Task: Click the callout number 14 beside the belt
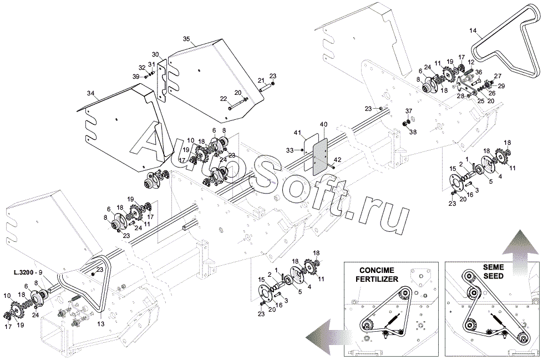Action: point(473,31)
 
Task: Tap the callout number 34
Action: point(91,93)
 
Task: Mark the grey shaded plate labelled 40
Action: point(320,155)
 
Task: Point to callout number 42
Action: point(338,160)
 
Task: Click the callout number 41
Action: point(298,132)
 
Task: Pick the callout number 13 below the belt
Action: point(100,324)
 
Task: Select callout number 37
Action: point(409,111)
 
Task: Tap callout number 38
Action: point(413,132)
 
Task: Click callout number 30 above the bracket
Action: point(155,54)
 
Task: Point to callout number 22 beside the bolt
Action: point(224,99)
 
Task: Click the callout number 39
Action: point(136,76)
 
